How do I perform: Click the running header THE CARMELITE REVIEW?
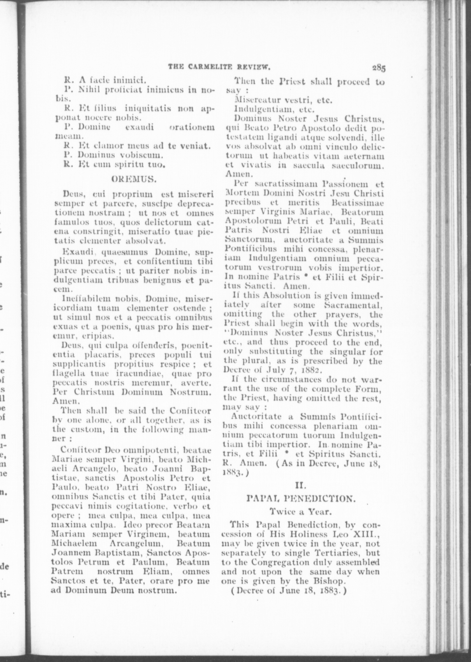click(220, 68)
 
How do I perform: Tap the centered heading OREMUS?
click(135, 179)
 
